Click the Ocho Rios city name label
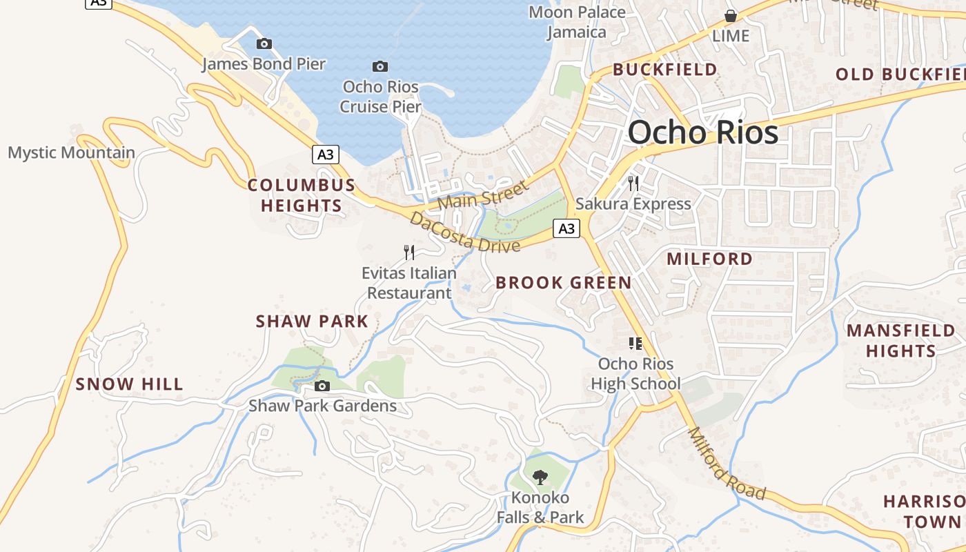[702, 132]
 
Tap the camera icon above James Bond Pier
[264, 44]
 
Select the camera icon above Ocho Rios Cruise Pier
[379, 67]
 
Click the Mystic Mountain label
[71, 152]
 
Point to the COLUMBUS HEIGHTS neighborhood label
[302, 195]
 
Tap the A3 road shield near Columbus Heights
[326, 155]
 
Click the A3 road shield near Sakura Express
[566, 228]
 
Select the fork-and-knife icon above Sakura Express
[633, 184]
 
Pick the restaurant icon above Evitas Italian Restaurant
[409, 253]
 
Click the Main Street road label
[482, 195]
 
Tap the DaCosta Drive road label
[464, 233]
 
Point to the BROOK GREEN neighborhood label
[563, 282]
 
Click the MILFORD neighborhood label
[709, 259]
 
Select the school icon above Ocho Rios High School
[635, 344]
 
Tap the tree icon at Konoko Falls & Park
[540, 476]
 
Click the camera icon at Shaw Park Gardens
[322, 386]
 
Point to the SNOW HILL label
[130, 384]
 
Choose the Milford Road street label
[727, 464]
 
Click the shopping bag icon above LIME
[730, 16]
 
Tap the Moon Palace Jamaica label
[577, 22]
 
